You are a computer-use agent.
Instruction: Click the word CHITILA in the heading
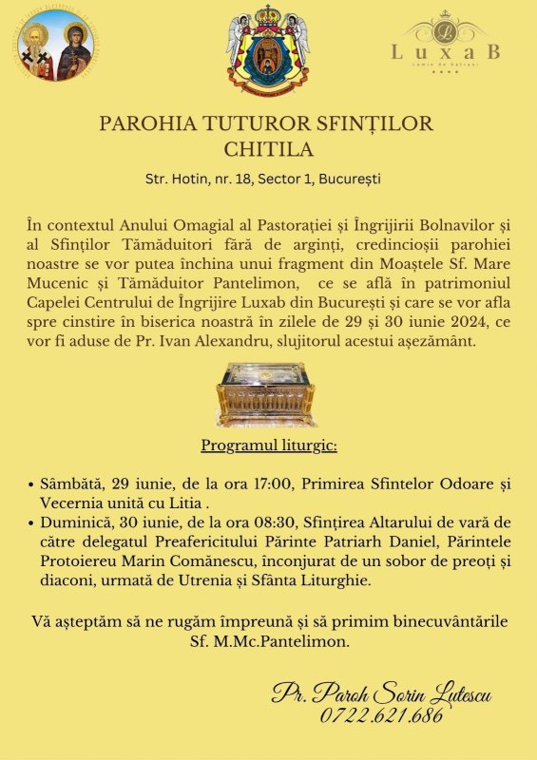[268, 149]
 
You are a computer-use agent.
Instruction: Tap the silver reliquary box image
[268, 392]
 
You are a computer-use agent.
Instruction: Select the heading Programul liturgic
[269, 446]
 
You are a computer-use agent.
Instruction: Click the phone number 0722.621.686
[381, 715]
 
